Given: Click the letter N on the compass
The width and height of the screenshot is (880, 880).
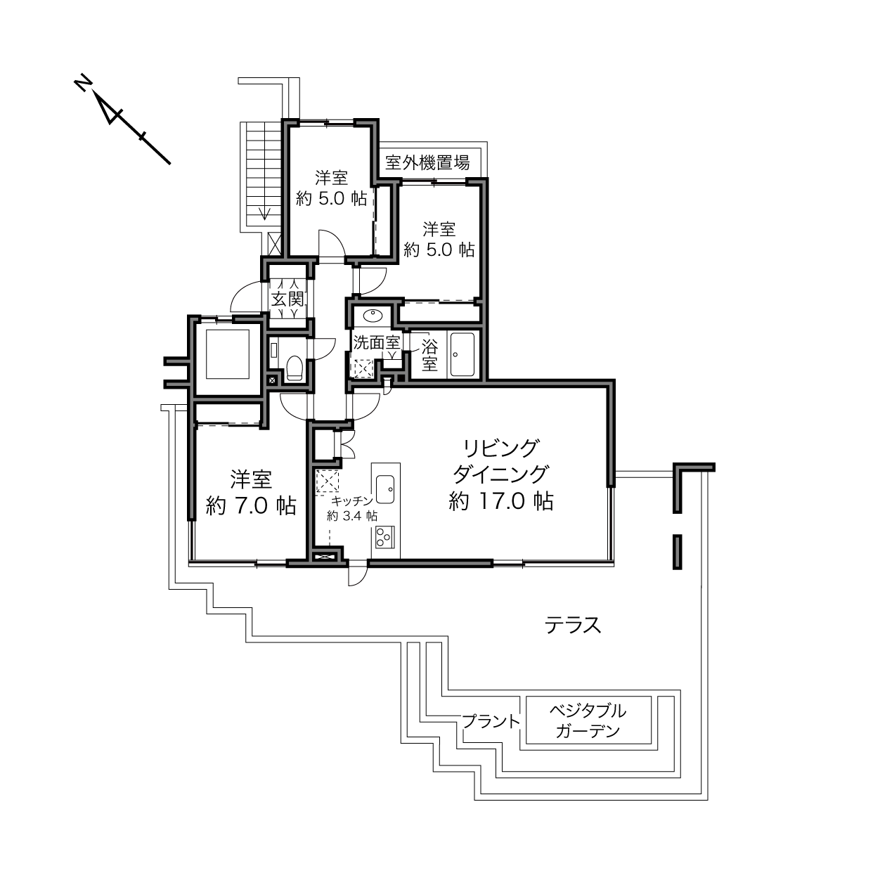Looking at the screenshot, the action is click(83, 82).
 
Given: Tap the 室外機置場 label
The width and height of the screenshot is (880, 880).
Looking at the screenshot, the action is click(427, 162).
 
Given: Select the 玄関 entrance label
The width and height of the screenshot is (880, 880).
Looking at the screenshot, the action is click(287, 299).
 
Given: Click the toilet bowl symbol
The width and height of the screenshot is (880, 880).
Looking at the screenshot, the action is click(295, 368).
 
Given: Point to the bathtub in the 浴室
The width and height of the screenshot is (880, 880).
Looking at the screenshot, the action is click(462, 354).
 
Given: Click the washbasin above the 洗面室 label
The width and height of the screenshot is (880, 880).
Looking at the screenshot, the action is click(373, 315).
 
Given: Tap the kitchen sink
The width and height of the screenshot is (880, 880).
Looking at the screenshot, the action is click(385, 489).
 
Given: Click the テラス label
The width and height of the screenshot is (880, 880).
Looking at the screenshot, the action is click(573, 625).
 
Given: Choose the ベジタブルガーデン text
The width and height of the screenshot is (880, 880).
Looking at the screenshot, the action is click(588, 720).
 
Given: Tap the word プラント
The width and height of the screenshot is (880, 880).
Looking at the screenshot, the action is click(491, 722).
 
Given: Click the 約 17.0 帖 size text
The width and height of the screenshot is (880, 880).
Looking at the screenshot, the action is click(501, 501).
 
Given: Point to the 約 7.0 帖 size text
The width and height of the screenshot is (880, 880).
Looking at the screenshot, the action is click(251, 505).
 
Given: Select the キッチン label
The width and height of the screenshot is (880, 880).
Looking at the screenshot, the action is click(352, 500).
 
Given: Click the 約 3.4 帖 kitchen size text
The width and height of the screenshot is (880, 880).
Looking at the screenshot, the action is click(351, 516).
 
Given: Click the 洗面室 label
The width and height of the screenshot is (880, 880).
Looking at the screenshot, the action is click(377, 342).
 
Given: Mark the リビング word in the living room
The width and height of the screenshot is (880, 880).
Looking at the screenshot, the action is click(501, 448).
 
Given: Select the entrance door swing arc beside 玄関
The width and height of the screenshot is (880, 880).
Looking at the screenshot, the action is click(245, 296).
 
